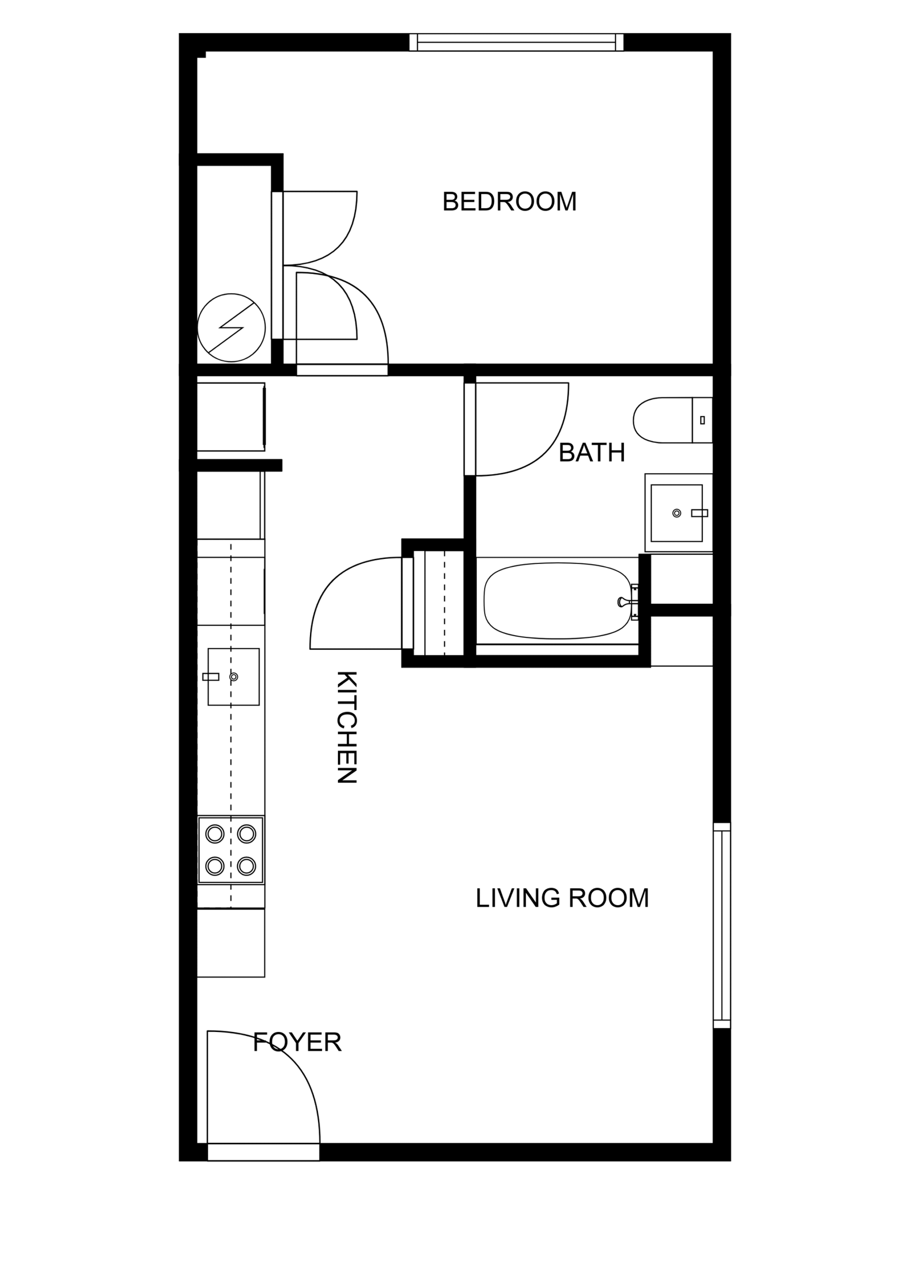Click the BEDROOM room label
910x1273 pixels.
(x=509, y=201)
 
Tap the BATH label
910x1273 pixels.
(x=591, y=453)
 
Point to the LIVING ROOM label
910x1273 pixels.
(x=562, y=898)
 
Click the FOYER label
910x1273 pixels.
(x=297, y=1042)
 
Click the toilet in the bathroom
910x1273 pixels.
(x=672, y=420)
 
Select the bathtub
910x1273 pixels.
(x=557, y=600)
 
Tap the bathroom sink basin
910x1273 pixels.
(x=676, y=513)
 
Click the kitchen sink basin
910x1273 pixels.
(x=233, y=677)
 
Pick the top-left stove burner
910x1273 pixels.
(x=215, y=834)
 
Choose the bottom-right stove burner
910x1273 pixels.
(x=246, y=866)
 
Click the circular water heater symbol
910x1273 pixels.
(x=231, y=327)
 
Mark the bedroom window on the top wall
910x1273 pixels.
(x=516, y=43)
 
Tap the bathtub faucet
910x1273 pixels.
(x=627, y=602)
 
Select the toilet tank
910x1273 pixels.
(x=702, y=420)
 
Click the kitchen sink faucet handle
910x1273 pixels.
(x=210, y=677)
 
